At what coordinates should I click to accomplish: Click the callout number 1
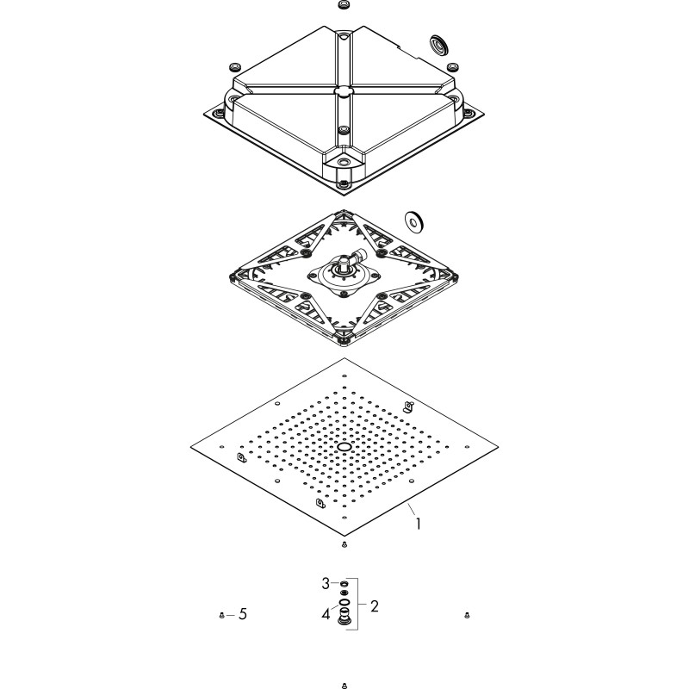(x=419, y=524)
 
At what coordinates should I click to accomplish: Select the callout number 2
(x=375, y=606)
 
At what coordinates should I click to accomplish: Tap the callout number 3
(x=326, y=584)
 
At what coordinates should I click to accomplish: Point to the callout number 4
(x=326, y=614)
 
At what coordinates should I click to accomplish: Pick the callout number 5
(x=243, y=614)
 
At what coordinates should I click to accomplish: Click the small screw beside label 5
(x=221, y=615)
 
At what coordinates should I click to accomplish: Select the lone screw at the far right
(x=467, y=615)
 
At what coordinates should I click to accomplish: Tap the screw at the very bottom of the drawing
(x=344, y=685)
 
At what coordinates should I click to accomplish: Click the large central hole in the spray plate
(x=344, y=447)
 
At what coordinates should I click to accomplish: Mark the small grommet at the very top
(x=344, y=5)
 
